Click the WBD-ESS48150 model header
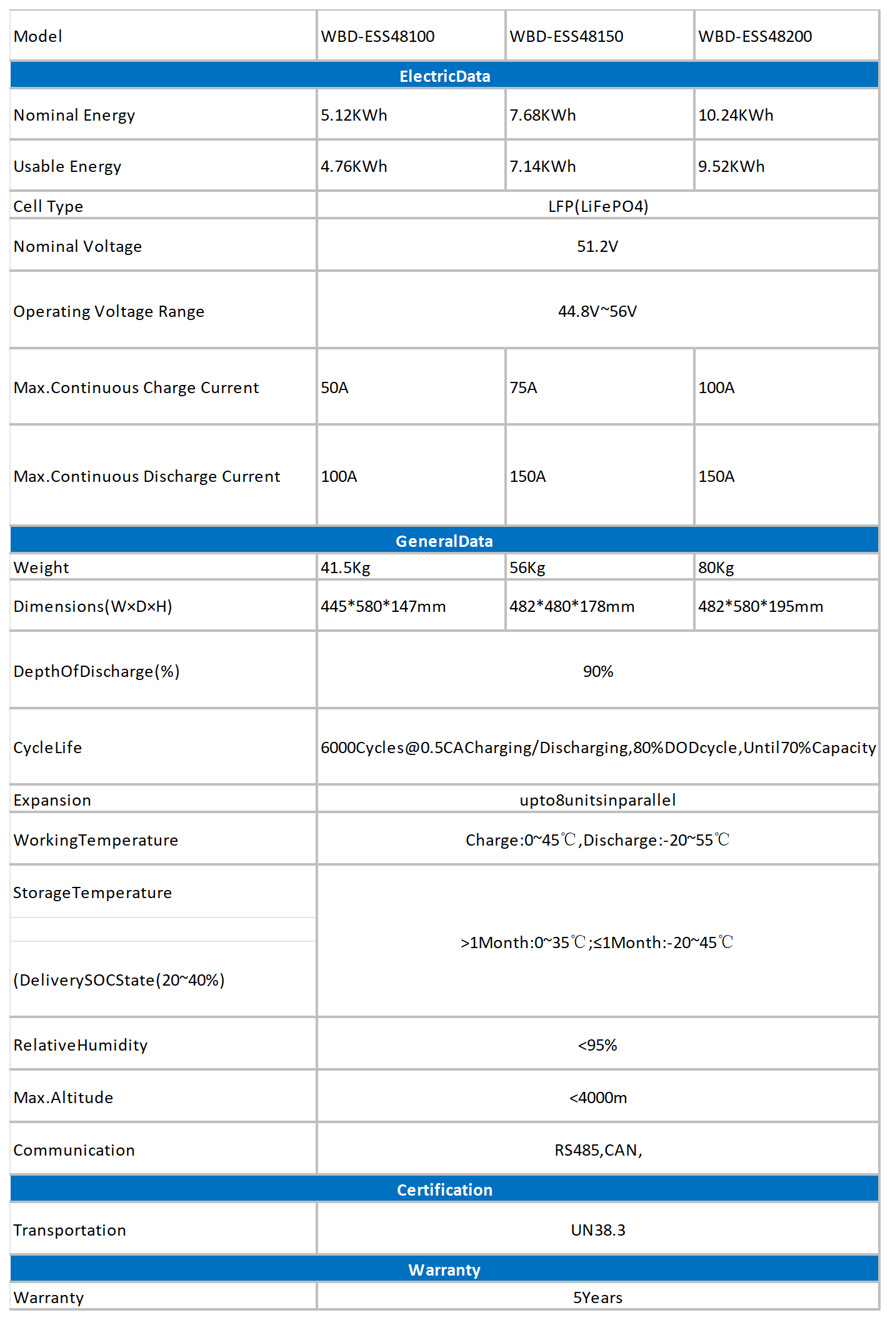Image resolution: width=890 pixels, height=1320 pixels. pyautogui.click(x=566, y=36)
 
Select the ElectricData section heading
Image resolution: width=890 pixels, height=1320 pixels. pyautogui.click(x=444, y=76)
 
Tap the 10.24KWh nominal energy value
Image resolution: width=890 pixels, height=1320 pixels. pyautogui.click(x=736, y=115)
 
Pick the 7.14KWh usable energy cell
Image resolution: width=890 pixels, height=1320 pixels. pyautogui.click(x=542, y=166)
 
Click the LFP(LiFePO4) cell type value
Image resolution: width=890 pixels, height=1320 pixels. pyautogui.click(x=597, y=206)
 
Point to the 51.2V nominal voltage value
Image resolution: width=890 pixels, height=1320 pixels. pyautogui.click(x=597, y=246)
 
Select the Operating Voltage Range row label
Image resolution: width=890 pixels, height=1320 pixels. pyautogui.click(x=109, y=311)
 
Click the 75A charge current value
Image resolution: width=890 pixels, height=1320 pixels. pyautogui.click(x=523, y=387)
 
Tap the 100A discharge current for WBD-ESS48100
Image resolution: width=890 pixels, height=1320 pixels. pyautogui.click(x=339, y=476)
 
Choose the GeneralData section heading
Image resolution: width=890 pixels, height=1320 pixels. pyautogui.click(x=444, y=541)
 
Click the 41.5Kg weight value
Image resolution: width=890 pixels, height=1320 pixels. pyautogui.click(x=346, y=567)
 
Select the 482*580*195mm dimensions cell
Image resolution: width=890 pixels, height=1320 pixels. pyautogui.click(x=760, y=606)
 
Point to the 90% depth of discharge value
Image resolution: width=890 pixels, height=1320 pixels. pyautogui.click(x=597, y=671)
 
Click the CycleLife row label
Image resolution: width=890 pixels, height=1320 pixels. pyautogui.click(x=47, y=747)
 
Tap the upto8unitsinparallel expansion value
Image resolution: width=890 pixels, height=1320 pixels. pyautogui.click(x=597, y=800)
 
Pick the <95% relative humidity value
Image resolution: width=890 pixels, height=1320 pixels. pyautogui.click(x=597, y=1045)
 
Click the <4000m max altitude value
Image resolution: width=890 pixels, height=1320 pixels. pyautogui.click(x=597, y=1097)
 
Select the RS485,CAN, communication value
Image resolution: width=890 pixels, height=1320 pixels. pyautogui.click(x=597, y=1150)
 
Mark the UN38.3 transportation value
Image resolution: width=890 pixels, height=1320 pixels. pyautogui.click(x=597, y=1230)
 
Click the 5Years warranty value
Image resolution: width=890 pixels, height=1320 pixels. pyautogui.click(x=597, y=1297)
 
